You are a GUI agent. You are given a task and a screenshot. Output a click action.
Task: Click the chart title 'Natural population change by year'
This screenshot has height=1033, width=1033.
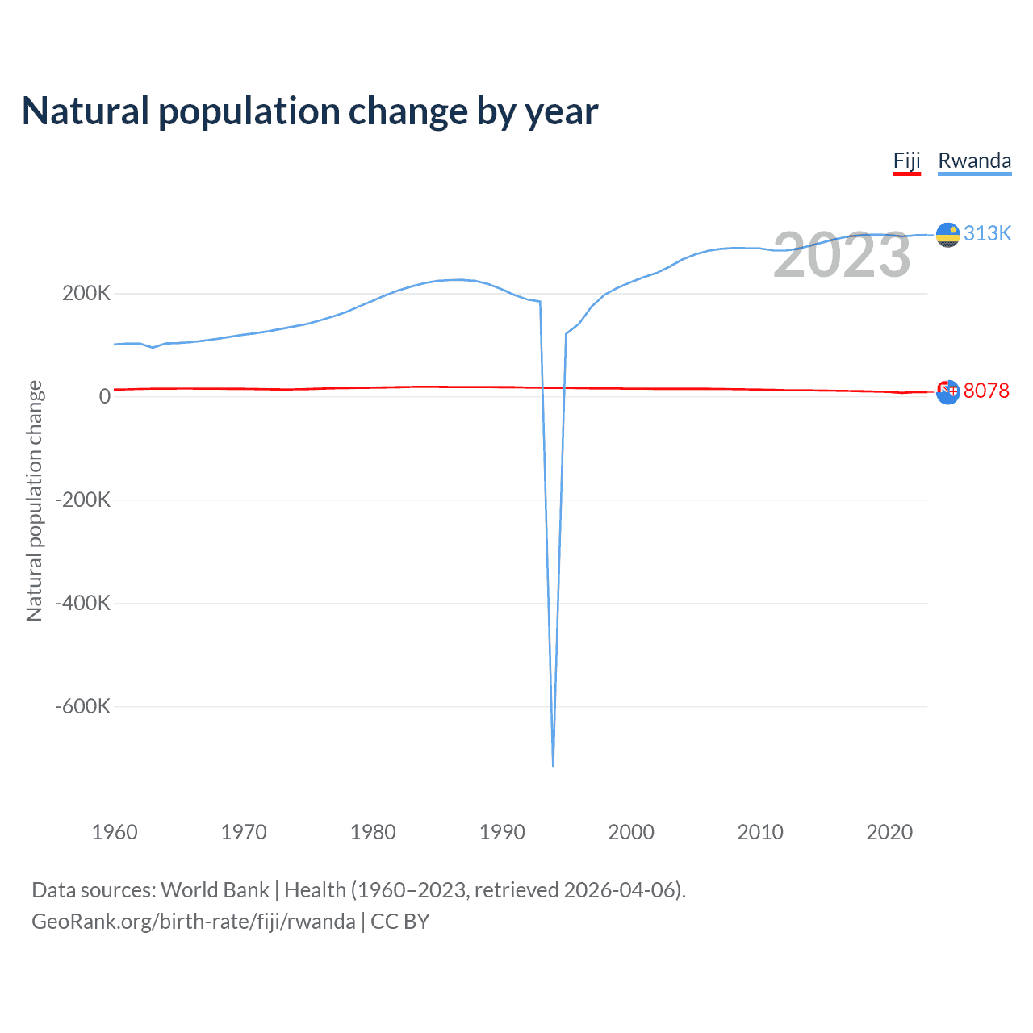(x=310, y=111)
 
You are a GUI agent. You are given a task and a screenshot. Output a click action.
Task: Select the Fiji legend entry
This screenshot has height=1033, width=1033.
(x=906, y=161)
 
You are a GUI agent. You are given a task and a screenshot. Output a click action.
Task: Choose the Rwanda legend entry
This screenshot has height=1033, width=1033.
(x=974, y=161)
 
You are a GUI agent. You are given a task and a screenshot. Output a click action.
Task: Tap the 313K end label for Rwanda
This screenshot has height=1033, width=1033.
(x=987, y=233)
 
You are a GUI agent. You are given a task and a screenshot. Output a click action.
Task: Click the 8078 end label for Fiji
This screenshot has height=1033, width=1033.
(x=986, y=391)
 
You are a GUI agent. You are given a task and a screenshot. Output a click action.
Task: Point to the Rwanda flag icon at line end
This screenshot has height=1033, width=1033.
(x=947, y=235)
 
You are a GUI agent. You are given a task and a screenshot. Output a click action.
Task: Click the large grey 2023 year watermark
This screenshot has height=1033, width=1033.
(x=842, y=255)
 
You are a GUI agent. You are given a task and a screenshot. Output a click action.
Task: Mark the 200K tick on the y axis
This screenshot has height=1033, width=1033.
(x=86, y=293)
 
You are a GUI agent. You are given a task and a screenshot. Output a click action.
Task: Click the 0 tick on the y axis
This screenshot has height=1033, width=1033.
(x=104, y=396)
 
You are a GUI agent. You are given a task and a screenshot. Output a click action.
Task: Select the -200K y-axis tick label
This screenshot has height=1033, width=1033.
(x=83, y=500)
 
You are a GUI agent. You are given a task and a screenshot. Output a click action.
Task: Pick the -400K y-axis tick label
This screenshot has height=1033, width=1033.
(x=83, y=603)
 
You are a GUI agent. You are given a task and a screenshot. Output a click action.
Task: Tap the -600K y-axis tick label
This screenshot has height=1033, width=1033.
(x=83, y=706)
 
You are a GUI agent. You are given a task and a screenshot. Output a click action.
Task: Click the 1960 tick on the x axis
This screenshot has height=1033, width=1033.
(x=115, y=832)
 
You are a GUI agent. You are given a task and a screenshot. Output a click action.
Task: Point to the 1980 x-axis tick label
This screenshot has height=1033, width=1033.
(x=373, y=832)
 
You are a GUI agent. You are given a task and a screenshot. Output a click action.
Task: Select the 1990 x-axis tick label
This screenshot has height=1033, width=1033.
(x=502, y=832)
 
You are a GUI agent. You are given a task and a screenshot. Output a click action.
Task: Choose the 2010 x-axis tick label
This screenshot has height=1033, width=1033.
(x=760, y=832)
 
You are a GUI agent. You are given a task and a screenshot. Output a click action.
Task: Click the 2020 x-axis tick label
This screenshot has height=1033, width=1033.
(x=889, y=832)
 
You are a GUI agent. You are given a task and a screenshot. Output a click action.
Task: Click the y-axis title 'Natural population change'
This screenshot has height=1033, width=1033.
(x=35, y=500)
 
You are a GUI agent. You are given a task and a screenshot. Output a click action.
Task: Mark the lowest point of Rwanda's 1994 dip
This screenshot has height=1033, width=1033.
(x=553, y=765)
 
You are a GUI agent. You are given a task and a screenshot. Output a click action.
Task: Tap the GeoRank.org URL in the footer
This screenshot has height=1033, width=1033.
(x=194, y=922)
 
